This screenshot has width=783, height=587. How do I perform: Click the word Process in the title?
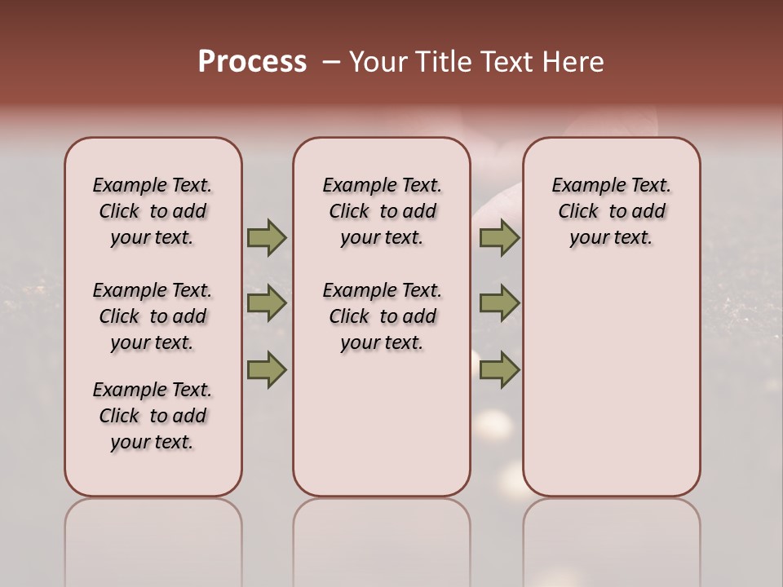[x=252, y=61]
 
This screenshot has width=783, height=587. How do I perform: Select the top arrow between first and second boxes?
[x=266, y=238]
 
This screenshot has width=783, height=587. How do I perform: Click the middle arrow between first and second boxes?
[x=266, y=304]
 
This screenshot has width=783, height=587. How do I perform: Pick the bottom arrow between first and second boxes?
[x=266, y=369]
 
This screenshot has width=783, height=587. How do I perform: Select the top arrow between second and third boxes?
[x=499, y=238]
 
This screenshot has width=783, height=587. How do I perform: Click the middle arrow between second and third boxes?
[x=499, y=304]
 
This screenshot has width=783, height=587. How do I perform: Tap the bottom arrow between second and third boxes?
[x=499, y=369]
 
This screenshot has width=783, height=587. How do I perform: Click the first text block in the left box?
[x=153, y=211]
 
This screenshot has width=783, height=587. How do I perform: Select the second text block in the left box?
[x=153, y=316]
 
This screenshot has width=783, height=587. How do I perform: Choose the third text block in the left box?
[x=153, y=416]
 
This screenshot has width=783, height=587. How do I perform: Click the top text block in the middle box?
[x=382, y=211]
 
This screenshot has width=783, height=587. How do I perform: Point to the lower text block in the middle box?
[x=382, y=316]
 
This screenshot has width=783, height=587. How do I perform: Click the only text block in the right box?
[x=611, y=211]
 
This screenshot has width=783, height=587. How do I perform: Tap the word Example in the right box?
[x=586, y=186]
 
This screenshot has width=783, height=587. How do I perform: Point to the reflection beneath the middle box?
[x=382, y=538]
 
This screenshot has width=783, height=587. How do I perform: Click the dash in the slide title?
[x=331, y=62]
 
